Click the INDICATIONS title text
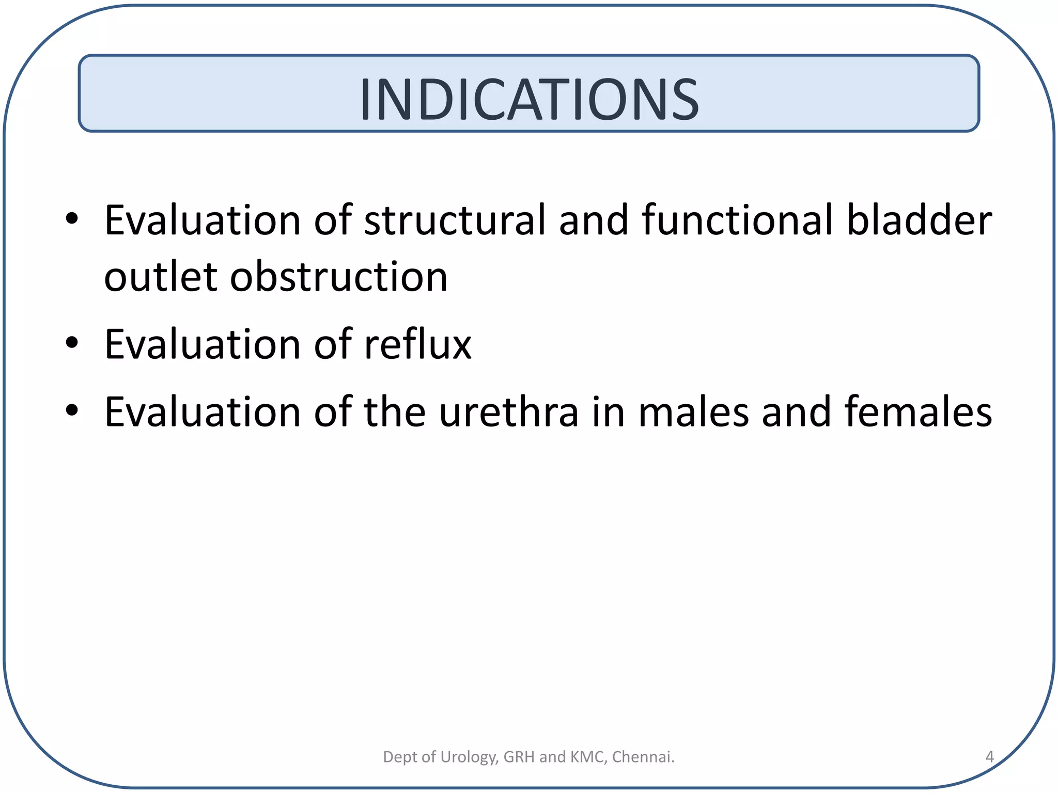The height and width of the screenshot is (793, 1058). click(x=529, y=99)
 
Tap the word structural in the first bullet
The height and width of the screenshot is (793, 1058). click(x=455, y=221)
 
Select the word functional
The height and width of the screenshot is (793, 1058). click(x=738, y=220)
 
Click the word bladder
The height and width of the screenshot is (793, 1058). click(x=919, y=220)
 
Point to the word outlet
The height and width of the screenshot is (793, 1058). click(x=160, y=277)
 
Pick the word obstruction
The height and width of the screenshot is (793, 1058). click(x=339, y=277)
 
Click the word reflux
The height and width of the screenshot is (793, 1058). click(x=417, y=344)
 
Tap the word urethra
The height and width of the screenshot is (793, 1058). click(x=509, y=412)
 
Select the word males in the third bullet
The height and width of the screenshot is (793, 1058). click(x=693, y=412)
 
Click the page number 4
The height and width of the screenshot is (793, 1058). click(x=989, y=757)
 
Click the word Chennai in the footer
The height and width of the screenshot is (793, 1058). click(x=643, y=757)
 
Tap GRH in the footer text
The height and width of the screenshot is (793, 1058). click(x=519, y=757)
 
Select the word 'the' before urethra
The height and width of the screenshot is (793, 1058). click(x=395, y=412)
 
